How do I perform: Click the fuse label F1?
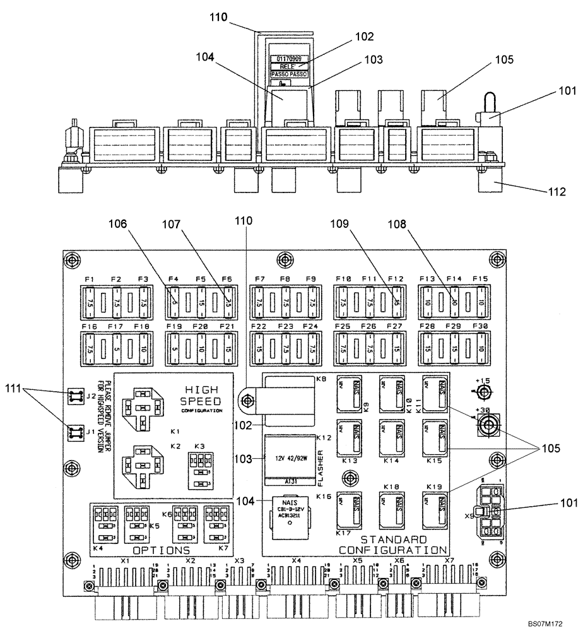point(89,280)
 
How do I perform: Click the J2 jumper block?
point(77,396)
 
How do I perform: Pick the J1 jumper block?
point(77,432)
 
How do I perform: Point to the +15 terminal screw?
point(484,392)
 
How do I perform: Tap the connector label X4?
point(296,560)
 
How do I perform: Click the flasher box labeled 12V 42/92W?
point(288,460)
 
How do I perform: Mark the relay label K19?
point(433,486)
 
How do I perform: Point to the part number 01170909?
point(289,58)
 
